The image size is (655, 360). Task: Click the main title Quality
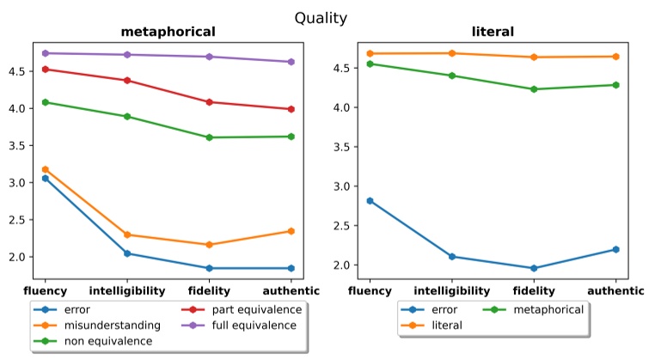[321, 17]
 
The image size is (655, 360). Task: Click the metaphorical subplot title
[167, 33]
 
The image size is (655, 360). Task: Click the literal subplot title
[493, 33]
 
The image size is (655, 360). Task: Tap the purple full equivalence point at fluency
[45, 53]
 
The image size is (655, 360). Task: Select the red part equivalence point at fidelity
[211, 102]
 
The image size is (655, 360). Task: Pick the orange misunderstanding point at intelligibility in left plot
[127, 235]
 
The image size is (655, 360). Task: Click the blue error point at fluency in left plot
[45, 178]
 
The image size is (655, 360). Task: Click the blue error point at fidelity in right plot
[534, 268]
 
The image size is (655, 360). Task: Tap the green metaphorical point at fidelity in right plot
[534, 89]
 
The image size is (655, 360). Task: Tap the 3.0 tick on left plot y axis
[14, 183]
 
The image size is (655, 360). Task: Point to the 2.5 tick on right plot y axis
[340, 226]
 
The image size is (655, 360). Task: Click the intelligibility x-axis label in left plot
[127, 291]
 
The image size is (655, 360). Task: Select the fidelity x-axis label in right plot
[534, 291]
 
